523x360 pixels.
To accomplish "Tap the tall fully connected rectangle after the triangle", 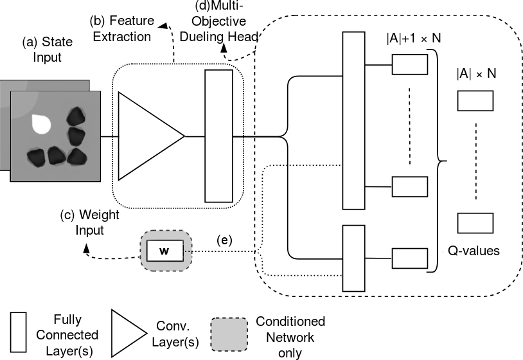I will tap(218, 136).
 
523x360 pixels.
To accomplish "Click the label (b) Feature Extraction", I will tap(122, 30).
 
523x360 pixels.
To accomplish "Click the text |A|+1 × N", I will tap(414, 39).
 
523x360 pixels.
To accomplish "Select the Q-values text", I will tap(475, 251).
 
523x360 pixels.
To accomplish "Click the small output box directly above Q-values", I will tap(475, 222).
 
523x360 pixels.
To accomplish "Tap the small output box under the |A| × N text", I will tap(475, 101).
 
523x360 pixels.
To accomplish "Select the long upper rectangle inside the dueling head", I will tap(353, 121).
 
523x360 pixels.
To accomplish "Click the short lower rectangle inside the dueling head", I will tap(353, 258).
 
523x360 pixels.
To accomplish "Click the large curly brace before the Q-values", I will tap(441, 161).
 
